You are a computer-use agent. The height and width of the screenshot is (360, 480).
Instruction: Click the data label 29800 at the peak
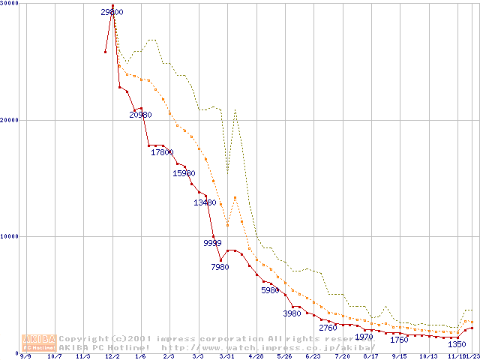coord(112,12)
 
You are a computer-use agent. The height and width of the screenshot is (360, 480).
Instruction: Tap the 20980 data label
coord(140,115)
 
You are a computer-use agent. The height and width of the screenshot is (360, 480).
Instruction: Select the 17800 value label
coord(162,153)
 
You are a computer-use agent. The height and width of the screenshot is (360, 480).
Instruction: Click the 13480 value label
coord(205,202)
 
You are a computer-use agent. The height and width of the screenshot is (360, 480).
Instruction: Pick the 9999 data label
coord(213,243)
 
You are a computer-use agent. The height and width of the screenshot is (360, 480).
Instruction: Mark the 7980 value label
coord(220,267)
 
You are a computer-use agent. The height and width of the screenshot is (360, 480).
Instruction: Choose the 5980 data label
coord(271,290)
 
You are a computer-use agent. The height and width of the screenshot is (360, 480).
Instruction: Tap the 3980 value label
coord(292,313)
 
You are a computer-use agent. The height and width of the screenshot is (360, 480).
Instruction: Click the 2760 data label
coord(328,328)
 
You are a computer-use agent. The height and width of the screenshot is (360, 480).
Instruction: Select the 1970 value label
coord(364,337)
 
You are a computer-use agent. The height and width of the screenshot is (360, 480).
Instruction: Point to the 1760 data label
coord(399,340)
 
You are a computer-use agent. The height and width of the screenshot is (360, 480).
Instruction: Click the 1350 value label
coord(457,344)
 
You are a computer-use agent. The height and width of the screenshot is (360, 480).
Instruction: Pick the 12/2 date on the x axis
coord(112,356)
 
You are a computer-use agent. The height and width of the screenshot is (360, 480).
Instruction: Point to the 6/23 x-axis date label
coord(313,356)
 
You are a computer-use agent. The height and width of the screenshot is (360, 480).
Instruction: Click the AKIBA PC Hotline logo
coord(40,342)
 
